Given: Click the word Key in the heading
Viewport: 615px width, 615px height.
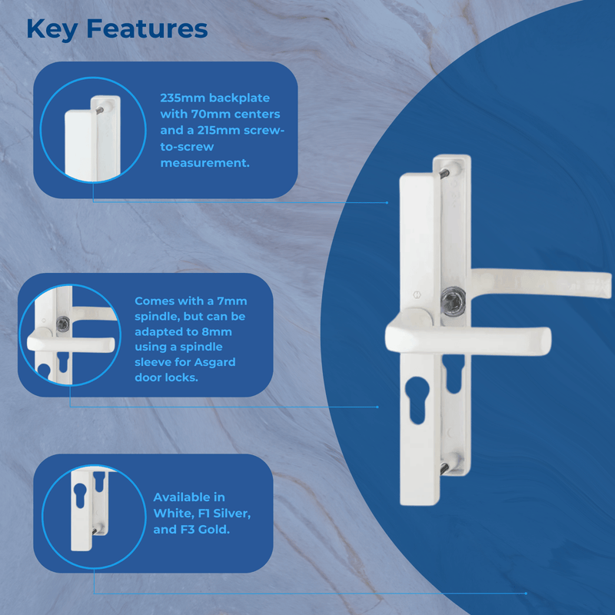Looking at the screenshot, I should click(x=53, y=29).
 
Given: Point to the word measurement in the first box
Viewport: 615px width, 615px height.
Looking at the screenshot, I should click(x=204, y=164).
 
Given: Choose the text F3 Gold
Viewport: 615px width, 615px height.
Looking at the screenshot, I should click(x=202, y=530).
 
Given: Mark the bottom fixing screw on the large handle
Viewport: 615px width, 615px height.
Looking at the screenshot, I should click(x=447, y=467).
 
